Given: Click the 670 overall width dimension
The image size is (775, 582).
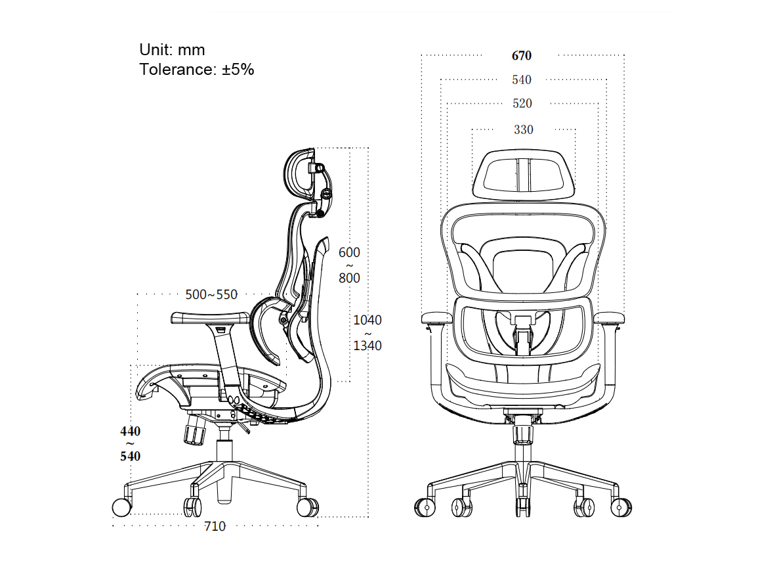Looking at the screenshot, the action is tap(522, 55).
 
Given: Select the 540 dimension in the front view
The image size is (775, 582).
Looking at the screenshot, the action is tap(522, 79).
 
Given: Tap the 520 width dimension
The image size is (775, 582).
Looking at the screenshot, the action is tap(522, 103).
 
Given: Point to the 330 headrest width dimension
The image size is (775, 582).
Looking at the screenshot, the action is tap(524, 129).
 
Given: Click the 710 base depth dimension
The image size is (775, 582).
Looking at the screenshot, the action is tap(215, 526).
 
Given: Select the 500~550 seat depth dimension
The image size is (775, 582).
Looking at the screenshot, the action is tap(211, 294).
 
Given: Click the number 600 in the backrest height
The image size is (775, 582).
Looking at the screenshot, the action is tap(350, 252).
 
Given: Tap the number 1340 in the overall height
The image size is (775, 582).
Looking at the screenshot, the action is tap(367, 346).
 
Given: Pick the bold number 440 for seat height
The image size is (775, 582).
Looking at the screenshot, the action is tap(131, 431).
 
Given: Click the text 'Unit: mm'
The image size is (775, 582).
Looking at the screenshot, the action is tap(172, 50).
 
